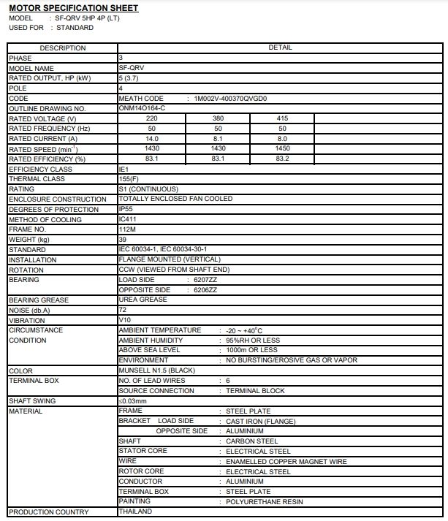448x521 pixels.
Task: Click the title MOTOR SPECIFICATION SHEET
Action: pyautogui.click(x=73, y=8)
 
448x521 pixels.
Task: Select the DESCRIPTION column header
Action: pyautogui.click(x=62, y=47)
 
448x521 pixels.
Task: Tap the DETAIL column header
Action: pyautogui.click(x=281, y=47)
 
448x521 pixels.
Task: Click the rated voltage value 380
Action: pyautogui.click(x=218, y=118)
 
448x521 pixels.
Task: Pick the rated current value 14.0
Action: pyautogui.click(x=152, y=139)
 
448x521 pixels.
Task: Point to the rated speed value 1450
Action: pyautogui.click(x=282, y=148)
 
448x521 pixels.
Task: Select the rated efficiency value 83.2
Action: pyautogui.click(x=282, y=159)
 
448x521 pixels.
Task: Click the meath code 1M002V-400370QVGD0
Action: pyautogui.click(x=230, y=98)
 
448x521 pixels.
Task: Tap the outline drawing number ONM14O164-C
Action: pyautogui.click(x=142, y=108)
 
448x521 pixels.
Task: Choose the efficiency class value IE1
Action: pyautogui.click(x=124, y=169)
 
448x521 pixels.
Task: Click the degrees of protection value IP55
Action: pyautogui.click(x=126, y=209)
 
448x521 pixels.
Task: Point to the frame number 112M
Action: pyautogui.click(x=127, y=229)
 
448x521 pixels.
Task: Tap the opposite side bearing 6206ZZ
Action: pyautogui.click(x=204, y=290)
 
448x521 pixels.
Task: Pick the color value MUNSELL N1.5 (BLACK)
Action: pyautogui.click(x=156, y=371)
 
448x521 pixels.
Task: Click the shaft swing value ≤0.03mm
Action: pyautogui.click(x=133, y=401)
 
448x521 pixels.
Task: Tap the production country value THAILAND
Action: pyautogui.click(x=135, y=512)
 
